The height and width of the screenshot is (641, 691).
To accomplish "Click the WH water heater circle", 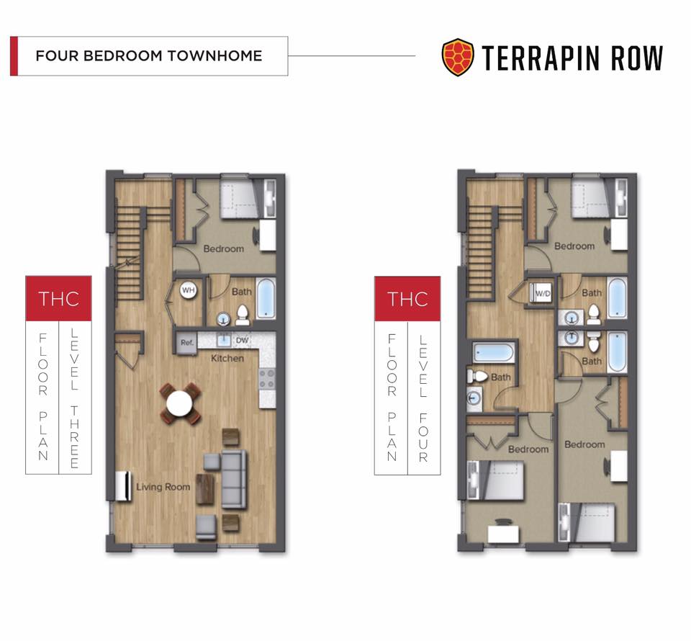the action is coord(188,290).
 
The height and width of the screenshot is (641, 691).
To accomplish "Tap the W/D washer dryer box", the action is coord(542,293).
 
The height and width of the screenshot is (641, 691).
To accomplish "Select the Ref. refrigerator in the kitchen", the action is coord(187,344).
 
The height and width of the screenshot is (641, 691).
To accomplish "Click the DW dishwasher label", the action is coord(242,341).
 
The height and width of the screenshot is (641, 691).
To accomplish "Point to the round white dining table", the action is coord(179,403).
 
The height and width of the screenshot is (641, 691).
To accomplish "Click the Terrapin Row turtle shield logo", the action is coord(458,58).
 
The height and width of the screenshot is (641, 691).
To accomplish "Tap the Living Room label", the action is coord(163,487).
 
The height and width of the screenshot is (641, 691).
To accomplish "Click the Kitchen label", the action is coord(227,359).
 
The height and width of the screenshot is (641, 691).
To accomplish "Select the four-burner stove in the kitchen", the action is coord(266,378).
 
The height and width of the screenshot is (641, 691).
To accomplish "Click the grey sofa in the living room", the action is coord(232,479).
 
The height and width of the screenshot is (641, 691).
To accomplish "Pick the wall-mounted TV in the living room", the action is coord(123,486).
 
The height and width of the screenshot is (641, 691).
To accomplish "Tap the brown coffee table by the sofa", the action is coord(205,489).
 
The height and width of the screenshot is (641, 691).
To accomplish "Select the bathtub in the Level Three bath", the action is coord(266,297).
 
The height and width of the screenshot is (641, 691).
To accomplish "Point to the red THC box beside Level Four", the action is coord(407,298).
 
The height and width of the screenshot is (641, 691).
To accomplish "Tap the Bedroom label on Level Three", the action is coord(223,249).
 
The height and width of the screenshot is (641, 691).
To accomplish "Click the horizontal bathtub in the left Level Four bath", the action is coord(493,353).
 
